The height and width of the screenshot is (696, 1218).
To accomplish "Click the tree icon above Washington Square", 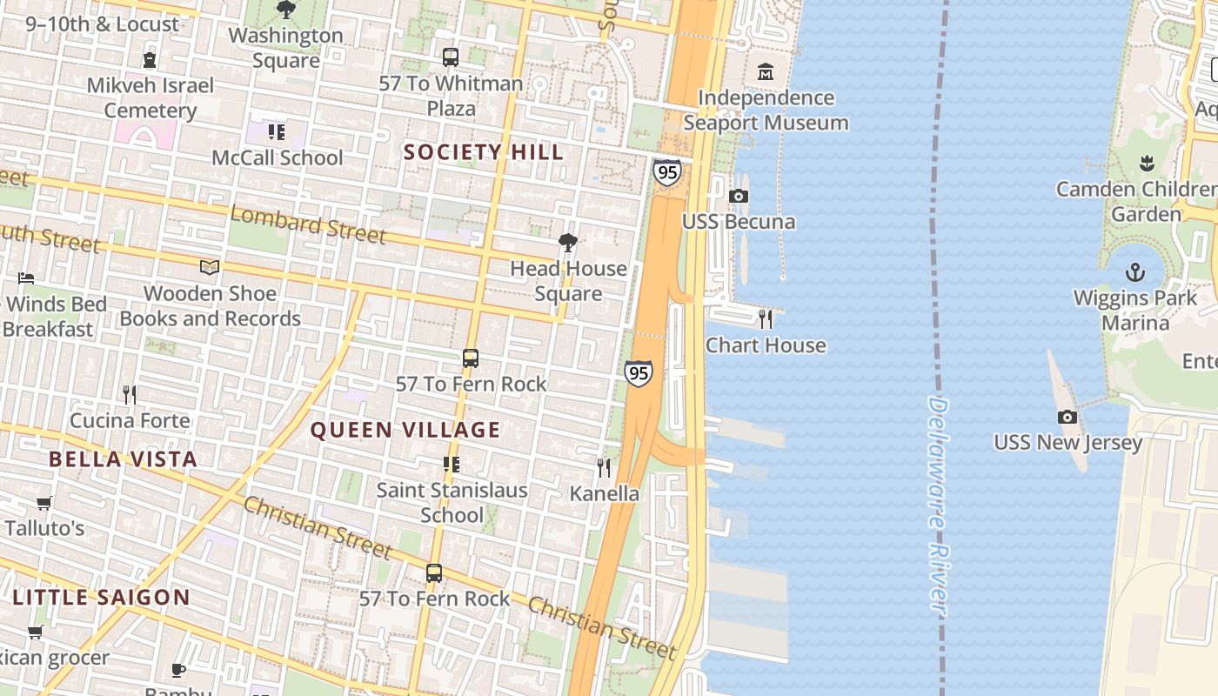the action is coord(285,10).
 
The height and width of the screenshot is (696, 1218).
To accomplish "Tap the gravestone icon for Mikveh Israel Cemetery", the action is coord(150,60).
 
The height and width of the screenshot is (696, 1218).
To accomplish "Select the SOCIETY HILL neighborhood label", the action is coord(484,152).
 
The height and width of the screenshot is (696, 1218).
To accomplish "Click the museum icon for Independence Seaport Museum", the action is coord(766,71).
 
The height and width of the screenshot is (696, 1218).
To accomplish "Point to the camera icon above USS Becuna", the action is coord(739,197).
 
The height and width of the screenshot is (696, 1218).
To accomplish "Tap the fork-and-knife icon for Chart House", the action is coord(766,319).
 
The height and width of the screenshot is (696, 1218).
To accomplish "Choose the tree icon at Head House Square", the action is coord(568,243).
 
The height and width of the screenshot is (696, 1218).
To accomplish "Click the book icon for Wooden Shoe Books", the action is coord(210,268).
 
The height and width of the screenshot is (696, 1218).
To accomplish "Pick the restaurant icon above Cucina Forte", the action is coord(130,395).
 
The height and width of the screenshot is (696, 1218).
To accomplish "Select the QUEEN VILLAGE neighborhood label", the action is coord(405,430).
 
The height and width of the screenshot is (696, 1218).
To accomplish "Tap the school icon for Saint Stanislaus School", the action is coord(451,465).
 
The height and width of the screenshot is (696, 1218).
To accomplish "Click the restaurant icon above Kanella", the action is coord(604,468).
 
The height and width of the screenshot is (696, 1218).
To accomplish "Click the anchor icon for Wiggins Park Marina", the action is coord(1134,273).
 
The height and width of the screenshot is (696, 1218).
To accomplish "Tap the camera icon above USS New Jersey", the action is coord(1067,418).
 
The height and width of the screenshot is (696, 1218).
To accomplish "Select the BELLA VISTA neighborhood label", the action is coord(123,459).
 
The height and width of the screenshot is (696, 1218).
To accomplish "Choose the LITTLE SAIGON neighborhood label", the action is coord(101,598).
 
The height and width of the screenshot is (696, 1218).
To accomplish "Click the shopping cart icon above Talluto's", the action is coord(44,503).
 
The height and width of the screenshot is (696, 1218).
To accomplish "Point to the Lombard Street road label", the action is coord(308,224).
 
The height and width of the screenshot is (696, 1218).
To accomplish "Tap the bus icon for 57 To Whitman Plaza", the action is coord(451,57).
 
